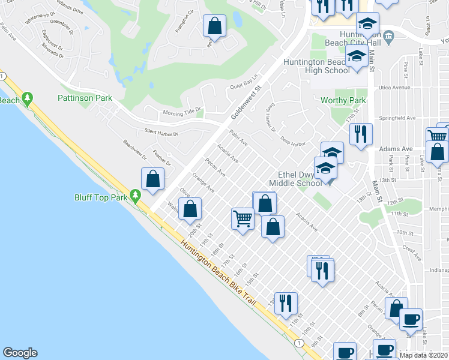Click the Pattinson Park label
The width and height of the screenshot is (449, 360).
tap(85, 97)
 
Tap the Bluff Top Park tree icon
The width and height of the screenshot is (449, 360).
tap(136, 195)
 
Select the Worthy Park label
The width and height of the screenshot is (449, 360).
tap(343, 100)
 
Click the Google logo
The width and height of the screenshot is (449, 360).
tap(20, 353)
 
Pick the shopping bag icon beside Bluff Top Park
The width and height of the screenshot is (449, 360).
tap(153, 179)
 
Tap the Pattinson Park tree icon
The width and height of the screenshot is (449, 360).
tap(28, 98)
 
